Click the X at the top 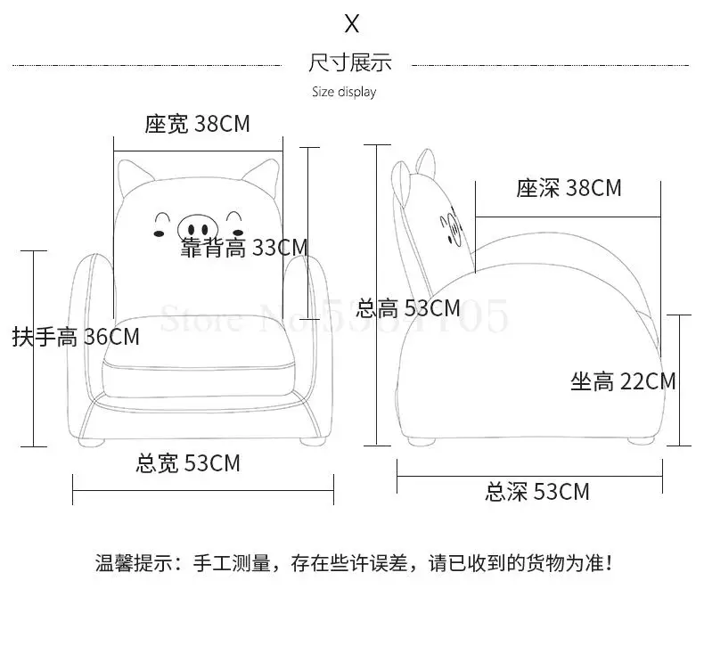coord(351,23)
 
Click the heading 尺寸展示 coord(350,62)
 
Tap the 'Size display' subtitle coord(344,92)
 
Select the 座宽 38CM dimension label coord(198,124)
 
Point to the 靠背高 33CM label coord(243,248)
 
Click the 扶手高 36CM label coord(76,337)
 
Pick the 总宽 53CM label coord(187,463)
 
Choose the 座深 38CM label coord(569,188)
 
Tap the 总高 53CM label coord(407,309)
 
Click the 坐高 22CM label coord(623,381)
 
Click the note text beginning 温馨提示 coord(354,563)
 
